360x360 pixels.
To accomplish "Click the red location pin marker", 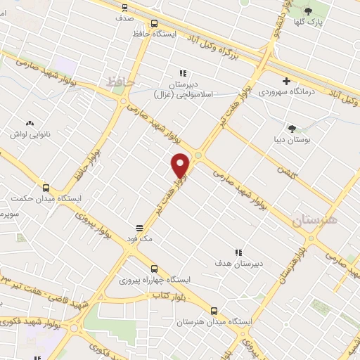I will click(181, 166).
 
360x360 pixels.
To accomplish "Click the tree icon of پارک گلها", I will click(307, 10).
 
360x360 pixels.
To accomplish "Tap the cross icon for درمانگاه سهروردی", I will click(285, 80).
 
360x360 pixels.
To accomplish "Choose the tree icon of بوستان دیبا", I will click(292, 128).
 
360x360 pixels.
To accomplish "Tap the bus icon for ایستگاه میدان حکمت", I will click(46, 188).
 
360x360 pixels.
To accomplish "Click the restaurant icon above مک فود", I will click(139, 228).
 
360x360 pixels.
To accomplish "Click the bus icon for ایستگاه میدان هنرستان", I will click(214, 310).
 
